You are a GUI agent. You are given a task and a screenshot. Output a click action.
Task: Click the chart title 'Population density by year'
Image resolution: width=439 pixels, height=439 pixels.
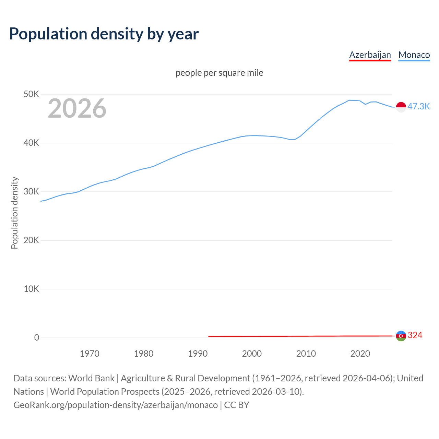click(104, 34)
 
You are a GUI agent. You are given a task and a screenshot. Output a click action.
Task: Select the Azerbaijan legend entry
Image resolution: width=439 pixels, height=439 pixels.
click(370, 55)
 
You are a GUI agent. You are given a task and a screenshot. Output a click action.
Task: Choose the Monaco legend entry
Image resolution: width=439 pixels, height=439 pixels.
click(414, 55)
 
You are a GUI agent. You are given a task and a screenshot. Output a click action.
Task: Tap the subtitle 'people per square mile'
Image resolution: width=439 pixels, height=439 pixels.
click(219, 73)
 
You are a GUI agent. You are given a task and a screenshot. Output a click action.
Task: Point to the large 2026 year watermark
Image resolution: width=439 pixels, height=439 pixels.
click(77, 108)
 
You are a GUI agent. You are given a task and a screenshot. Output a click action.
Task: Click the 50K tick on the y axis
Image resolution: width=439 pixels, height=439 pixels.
click(31, 94)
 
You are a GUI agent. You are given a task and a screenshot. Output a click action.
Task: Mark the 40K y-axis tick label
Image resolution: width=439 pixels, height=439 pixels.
click(31, 143)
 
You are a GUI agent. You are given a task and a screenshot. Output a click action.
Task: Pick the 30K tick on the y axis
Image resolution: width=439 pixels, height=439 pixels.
click(31, 191)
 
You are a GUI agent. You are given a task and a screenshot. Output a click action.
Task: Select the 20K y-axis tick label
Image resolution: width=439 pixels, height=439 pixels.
click(31, 240)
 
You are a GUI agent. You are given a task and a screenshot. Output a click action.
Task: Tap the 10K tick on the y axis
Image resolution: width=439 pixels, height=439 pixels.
click(31, 289)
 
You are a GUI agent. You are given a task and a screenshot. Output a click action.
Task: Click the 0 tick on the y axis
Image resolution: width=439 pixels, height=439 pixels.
click(36, 337)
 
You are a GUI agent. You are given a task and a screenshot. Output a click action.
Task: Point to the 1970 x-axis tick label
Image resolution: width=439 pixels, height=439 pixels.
click(90, 354)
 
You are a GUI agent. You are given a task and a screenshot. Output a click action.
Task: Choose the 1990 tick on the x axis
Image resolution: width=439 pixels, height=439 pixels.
click(198, 354)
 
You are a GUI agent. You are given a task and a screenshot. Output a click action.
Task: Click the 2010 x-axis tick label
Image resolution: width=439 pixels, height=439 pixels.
click(306, 354)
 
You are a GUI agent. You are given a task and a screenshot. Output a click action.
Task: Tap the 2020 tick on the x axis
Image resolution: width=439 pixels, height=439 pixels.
click(360, 354)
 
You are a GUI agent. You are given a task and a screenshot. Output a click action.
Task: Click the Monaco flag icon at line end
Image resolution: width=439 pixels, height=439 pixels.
click(401, 107)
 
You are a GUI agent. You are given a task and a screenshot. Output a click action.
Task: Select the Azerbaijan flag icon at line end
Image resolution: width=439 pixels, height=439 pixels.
click(401, 336)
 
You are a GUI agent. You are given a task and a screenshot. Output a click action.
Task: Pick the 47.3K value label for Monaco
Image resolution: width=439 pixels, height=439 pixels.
click(418, 106)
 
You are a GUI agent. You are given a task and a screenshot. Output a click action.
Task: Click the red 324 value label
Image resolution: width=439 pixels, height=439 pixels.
click(415, 335)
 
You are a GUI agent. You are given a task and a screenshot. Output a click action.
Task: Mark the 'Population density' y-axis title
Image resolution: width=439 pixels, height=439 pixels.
click(14, 213)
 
